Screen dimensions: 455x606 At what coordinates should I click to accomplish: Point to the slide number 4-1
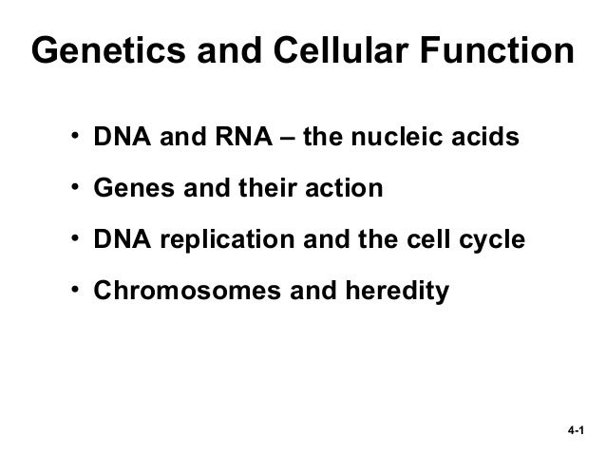tap(573, 430)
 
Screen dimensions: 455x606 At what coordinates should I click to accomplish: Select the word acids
tap(486, 140)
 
